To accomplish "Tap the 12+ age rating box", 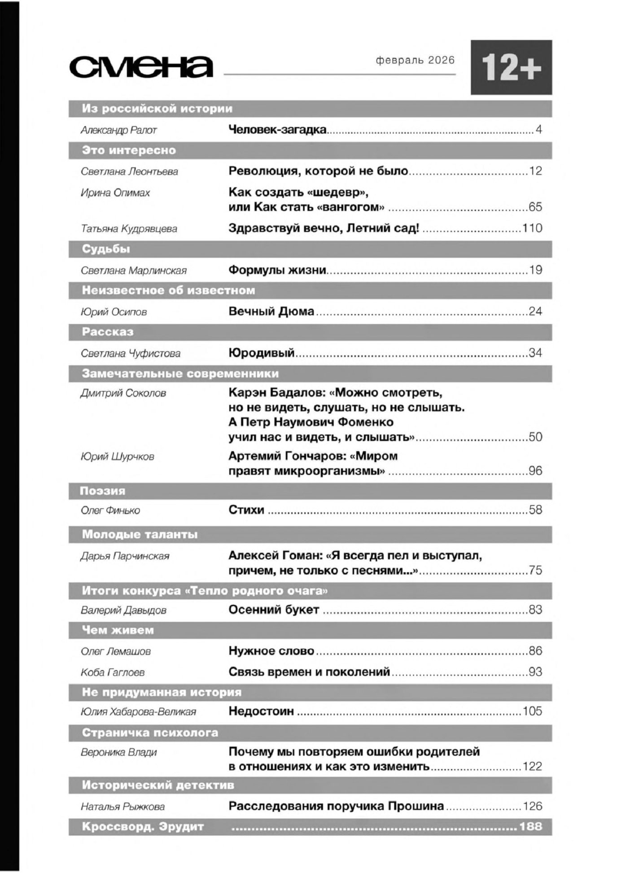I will point(511,67).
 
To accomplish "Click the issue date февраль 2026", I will point(415,60).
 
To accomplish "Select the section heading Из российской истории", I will point(157,109).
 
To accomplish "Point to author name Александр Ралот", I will point(119,130).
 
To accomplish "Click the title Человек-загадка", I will point(277,130).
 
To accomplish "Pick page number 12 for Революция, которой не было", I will point(535,171).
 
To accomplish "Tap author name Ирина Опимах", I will point(115,193).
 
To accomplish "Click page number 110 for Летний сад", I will point(532,228).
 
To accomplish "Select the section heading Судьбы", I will point(106,249).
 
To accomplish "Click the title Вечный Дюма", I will point(271,311).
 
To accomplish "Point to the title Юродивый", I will point(262,353).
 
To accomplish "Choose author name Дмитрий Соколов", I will point(123,393).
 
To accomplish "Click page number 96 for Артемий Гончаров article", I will point(535,470).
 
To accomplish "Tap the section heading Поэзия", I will point(102,491).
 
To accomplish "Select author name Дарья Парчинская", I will point(125,556).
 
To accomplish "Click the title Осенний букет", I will point(274,610).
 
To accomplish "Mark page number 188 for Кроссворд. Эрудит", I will point(530,826).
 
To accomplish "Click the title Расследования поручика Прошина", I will point(336,806).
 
